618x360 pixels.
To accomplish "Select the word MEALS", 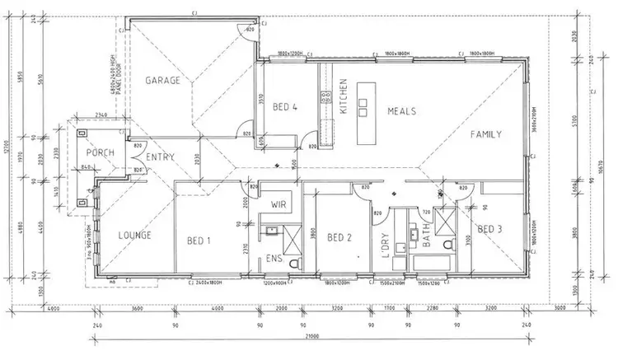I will [398, 111].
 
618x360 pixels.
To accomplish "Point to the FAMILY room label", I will [487, 133].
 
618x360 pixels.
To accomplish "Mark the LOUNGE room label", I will [133, 235].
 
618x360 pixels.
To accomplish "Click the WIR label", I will [279, 203].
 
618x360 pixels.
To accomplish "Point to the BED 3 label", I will [489, 228].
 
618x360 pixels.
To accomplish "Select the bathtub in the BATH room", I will [429, 264].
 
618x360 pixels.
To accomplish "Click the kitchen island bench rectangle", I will [363, 123].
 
